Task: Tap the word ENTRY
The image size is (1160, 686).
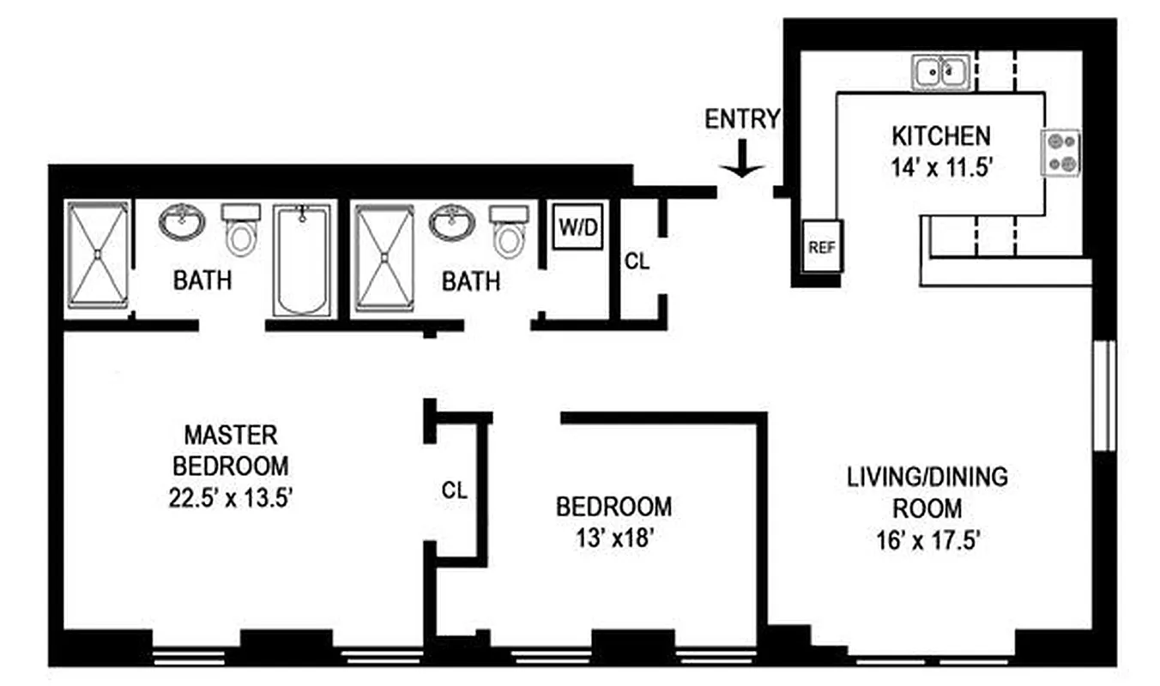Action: (x=742, y=119)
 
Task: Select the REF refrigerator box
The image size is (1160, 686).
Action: (x=822, y=247)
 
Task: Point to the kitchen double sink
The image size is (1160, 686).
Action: (x=941, y=72)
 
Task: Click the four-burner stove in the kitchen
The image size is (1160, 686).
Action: (x=1060, y=153)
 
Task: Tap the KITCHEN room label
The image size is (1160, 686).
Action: (x=941, y=135)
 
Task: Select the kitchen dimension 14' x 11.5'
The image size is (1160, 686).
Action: (x=941, y=167)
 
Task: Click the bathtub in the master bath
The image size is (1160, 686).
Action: (x=302, y=259)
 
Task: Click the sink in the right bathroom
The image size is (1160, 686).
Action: (x=451, y=223)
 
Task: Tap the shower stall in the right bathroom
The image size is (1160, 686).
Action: (x=384, y=256)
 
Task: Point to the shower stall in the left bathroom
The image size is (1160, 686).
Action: (x=98, y=255)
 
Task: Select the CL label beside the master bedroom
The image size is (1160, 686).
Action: (x=454, y=490)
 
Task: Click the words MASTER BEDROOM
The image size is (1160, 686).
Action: (x=230, y=449)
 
